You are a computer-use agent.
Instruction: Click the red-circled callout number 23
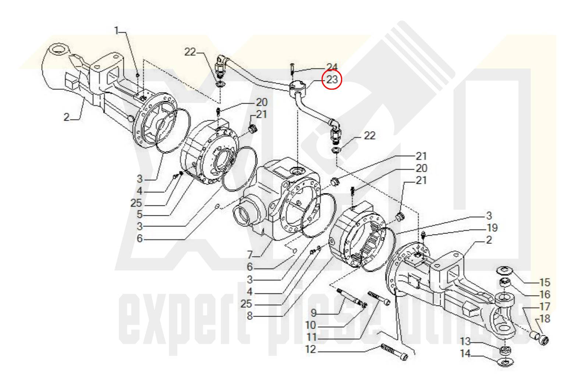click(332, 80)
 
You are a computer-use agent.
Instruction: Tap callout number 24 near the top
click(332, 67)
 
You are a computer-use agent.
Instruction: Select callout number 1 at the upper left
click(117, 31)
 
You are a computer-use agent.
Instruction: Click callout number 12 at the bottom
click(311, 349)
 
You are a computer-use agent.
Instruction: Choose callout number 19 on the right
click(492, 228)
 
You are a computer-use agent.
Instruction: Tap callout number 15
click(545, 282)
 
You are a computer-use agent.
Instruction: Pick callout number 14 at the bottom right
click(465, 354)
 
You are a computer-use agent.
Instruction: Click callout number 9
click(313, 313)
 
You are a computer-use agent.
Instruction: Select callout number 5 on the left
click(139, 214)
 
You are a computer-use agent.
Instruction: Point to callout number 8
click(249, 316)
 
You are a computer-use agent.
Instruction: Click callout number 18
click(545, 318)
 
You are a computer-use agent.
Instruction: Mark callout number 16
click(545, 294)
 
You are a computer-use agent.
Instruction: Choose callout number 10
click(311, 325)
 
